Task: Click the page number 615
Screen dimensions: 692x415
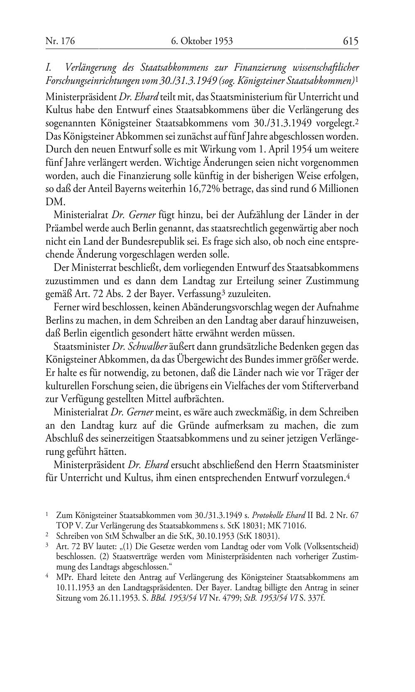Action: coord(350,41)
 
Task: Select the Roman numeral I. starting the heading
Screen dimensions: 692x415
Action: coord(49,67)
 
